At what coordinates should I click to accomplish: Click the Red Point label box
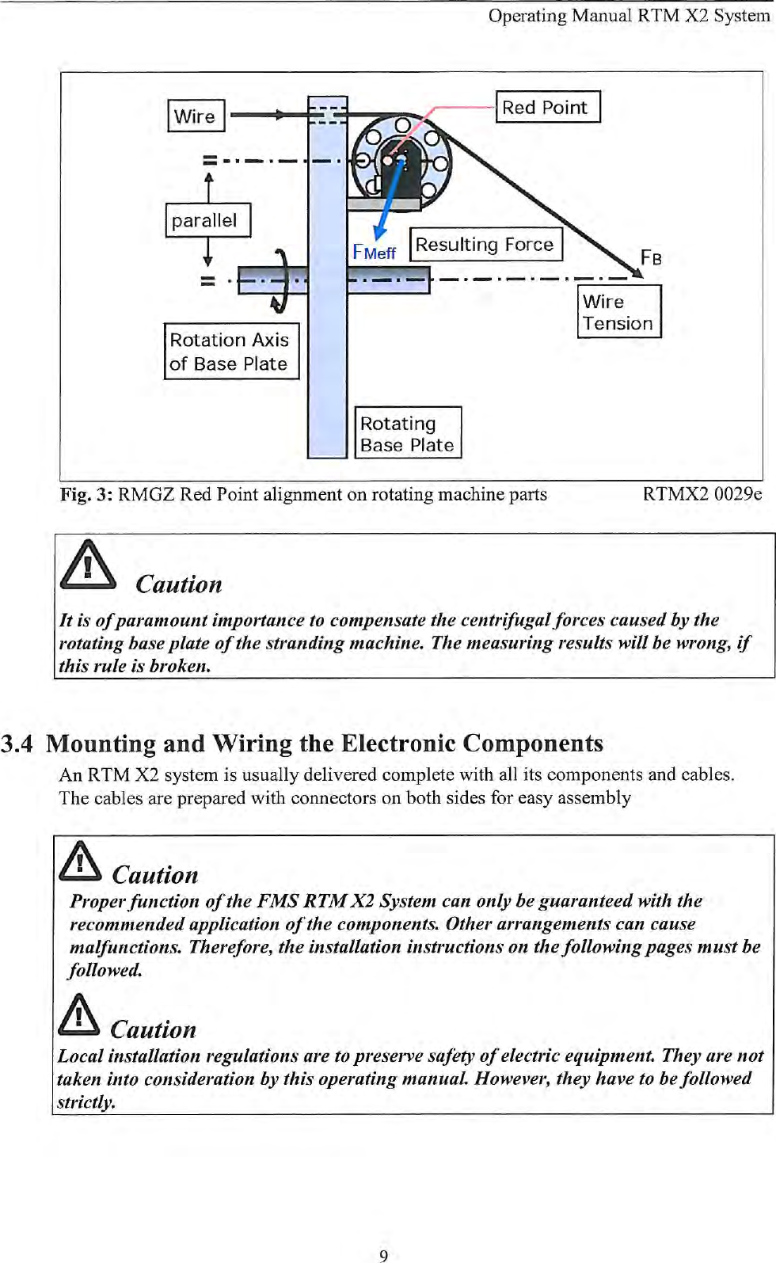(x=547, y=107)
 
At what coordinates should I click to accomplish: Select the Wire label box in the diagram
(x=196, y=116)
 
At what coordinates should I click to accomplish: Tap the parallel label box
(x=207, y=220)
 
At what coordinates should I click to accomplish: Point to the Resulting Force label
(x=485, y=244)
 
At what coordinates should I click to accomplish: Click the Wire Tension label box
(x=618, y=312)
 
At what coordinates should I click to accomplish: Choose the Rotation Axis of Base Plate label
(x=230, y=351)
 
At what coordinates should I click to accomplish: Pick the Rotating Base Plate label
(x=407, y=433)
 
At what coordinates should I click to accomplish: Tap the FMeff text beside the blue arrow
(x=374, y=253)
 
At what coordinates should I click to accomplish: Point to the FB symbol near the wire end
(x=651, y=257)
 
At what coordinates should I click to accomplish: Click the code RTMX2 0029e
(x=702, y=494)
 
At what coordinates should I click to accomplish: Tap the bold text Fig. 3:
(x=86, y=495)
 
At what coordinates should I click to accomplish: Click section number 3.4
(x=17, y=744)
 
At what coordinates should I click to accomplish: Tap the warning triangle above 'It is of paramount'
(x=88, y=565)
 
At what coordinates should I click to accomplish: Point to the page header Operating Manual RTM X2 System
(x=629, y=16)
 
